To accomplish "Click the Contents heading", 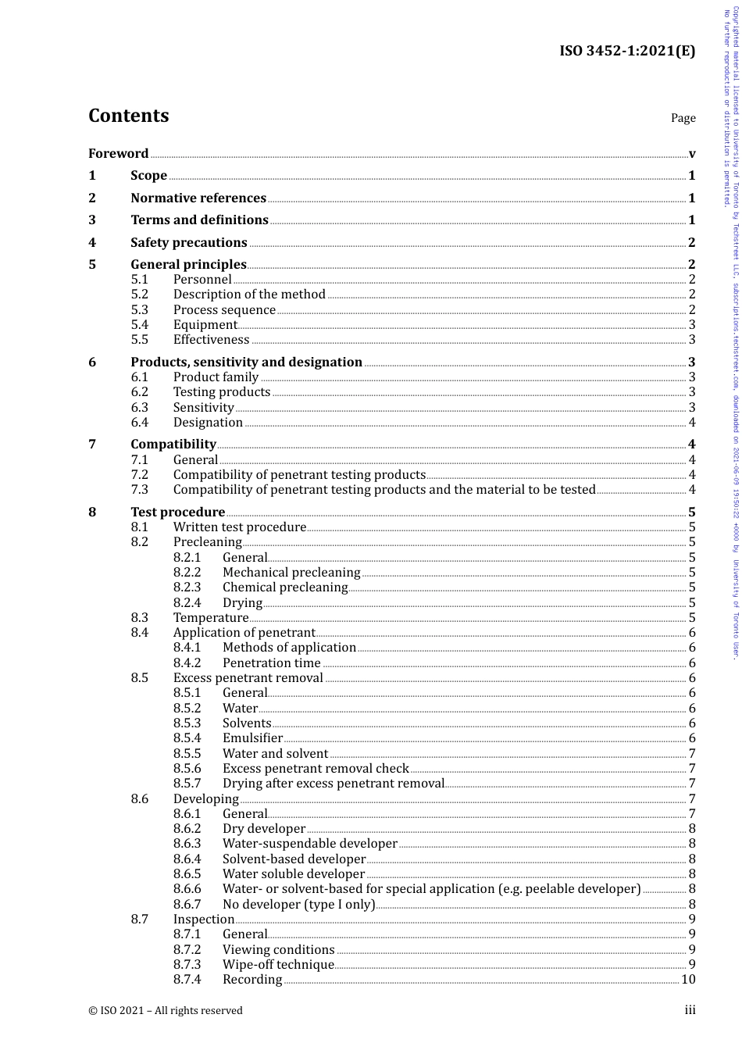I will coord(128,116).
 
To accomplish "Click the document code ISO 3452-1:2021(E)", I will coord(626,52).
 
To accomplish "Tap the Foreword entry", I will coord(118,153).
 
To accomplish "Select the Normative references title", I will coord(198,198).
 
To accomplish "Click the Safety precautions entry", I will coord(188,242).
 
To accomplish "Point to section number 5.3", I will coord(139,309).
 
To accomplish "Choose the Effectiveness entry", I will coord(211,339).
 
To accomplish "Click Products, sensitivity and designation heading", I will coord(246,362).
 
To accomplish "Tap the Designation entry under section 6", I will coord(208,422).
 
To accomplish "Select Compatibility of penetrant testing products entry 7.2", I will coord(299,474).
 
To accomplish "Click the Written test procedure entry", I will coord(239,527).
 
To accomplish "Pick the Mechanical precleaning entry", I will coord(291,572).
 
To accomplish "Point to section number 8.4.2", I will coord(187,662).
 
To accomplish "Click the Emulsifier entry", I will coord(252,737).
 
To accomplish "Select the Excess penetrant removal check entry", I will coord(316,768).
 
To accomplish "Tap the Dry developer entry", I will coord(263,828).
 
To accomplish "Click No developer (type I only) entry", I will coord(298,904).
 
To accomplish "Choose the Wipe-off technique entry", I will coord(278,964).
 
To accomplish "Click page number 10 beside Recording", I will coord(687,979).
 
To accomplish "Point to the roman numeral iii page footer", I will coord(690,1010).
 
